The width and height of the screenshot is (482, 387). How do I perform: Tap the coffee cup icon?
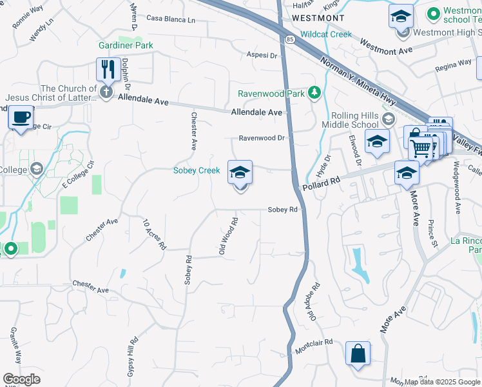(21, 117)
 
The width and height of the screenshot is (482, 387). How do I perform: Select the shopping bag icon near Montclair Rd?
(358, 353)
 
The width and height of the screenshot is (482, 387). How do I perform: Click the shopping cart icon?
(421, 148)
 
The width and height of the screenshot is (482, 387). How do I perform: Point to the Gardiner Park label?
(126, 45)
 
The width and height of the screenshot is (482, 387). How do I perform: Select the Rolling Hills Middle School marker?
(388, 118)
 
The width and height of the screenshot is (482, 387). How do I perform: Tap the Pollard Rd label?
(320, 184)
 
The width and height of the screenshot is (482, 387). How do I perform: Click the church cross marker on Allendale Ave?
(106, 94)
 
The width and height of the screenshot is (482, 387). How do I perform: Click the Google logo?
(21, 379)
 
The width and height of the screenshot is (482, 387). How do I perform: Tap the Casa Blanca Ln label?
(171, 20)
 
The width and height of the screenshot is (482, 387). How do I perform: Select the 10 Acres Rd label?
(155, 234)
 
